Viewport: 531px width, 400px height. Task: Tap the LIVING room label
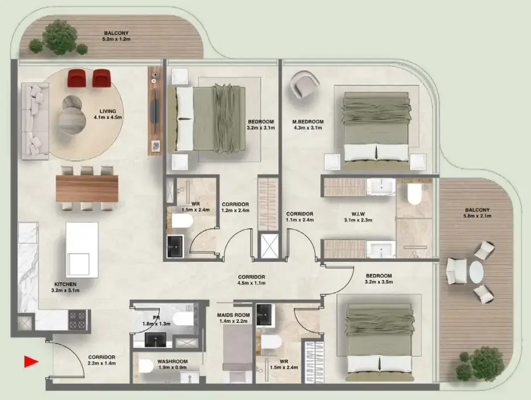[x=108, y=111]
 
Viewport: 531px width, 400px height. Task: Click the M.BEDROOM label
[x=308, y=122]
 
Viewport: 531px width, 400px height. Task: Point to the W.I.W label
[x=358, y=214]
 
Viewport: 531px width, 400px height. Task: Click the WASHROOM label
[x=172, y=361]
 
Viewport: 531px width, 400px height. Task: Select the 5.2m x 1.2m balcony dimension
[x=118, y=40]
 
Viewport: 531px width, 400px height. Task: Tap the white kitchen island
[x=82, y=249]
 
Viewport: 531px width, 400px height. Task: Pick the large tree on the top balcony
[x=60, y=36]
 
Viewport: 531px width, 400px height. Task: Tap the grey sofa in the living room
[x=34, y=121]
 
